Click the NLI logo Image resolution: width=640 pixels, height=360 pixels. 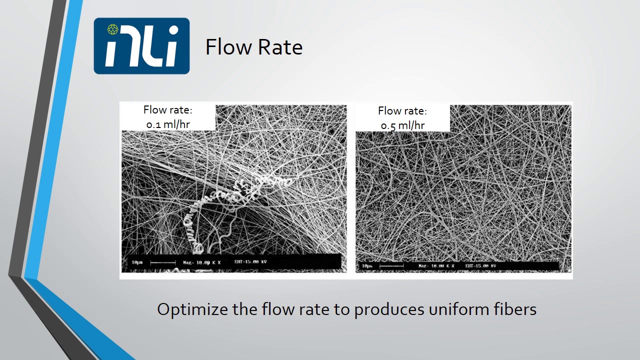tap(141, 46)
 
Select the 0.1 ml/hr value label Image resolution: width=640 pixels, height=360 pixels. tap(168, 124)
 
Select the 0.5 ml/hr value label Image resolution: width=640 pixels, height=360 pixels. tap(402, 125)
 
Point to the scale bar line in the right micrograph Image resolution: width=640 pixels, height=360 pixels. tap(391, 266)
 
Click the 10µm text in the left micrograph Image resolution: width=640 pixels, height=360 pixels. tap(138, 262)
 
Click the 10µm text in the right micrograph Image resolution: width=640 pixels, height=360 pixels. tap(367, 266)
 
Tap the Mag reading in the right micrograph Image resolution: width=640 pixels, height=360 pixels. tap(436, 266)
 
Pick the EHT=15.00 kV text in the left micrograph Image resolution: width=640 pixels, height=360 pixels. tap(250, 261)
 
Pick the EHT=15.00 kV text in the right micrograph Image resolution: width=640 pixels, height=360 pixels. tap(480, 266)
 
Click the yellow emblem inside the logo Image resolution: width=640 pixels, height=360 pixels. tap(113, 29)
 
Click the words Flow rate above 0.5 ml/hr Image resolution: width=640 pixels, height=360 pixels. tap(402, 110)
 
